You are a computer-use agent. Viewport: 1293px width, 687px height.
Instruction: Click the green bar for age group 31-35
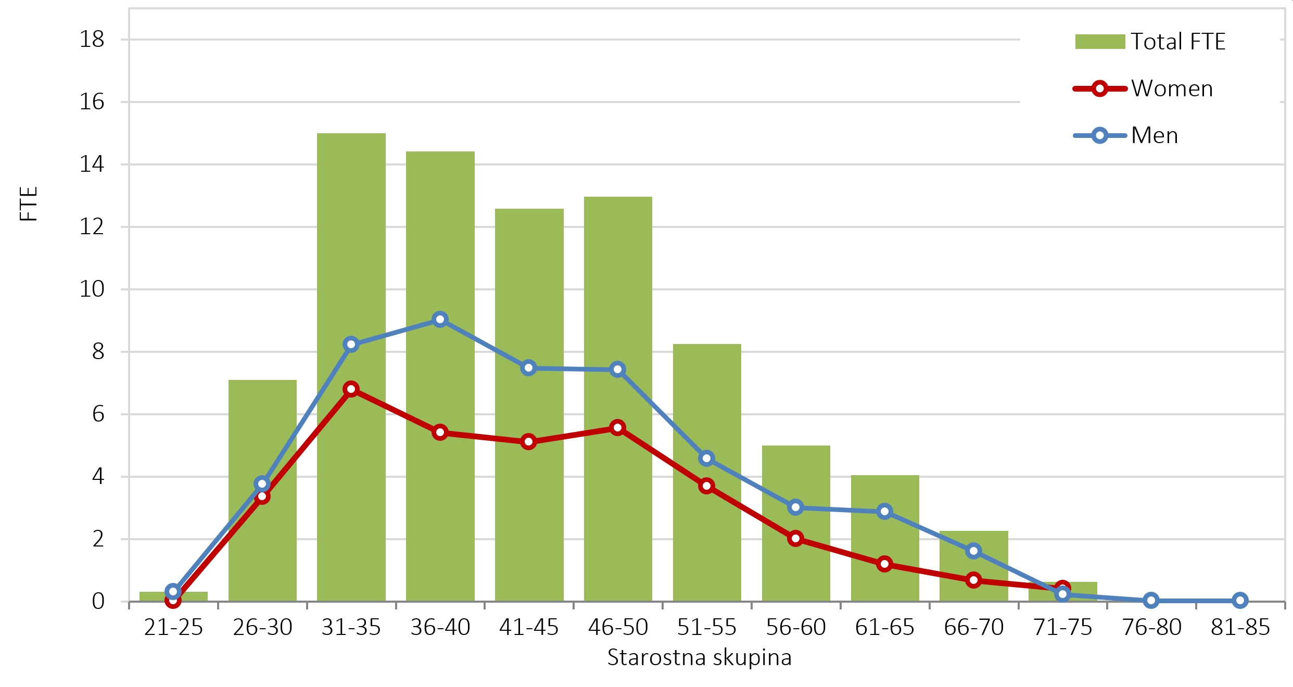(351, 234)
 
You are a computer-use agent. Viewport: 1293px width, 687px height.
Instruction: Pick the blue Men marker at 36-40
(440, 319)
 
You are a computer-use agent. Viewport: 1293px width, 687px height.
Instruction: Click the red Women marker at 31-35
(351, 389)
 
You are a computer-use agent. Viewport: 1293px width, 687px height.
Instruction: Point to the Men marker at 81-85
(1240, 600)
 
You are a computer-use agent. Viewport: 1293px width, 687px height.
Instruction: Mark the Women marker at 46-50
(617, 428)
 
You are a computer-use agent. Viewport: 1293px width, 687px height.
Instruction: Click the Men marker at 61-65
(884, 511)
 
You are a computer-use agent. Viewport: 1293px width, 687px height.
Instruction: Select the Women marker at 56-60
(795, 538)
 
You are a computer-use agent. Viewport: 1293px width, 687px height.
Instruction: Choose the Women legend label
(1172, 88)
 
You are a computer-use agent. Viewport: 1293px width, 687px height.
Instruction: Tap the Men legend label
(1154, 135)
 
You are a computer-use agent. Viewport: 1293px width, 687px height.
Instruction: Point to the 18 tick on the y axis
(92, 40)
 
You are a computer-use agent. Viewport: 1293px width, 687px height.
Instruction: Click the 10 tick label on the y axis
(92, 289)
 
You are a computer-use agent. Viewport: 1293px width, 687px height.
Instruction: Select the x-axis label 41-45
(528, 627)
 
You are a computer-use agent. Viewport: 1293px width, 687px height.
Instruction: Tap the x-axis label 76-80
(1151, 627)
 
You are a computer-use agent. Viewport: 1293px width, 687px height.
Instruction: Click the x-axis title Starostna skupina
(699, 657)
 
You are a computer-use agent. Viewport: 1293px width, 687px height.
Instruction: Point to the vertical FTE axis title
(29, 203)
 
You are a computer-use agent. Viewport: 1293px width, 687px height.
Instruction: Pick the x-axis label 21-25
(173, 627)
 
